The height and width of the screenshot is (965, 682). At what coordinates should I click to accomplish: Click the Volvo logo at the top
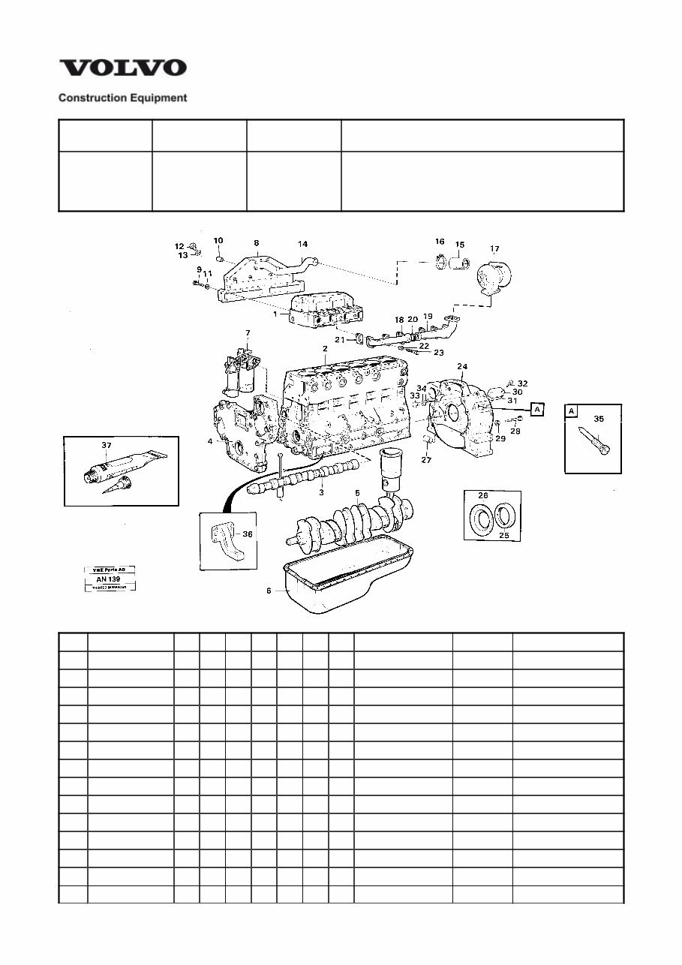(123, 68)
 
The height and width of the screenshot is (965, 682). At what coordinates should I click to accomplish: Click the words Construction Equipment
(123, 98)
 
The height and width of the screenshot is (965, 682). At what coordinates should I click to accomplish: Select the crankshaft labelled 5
(353, 518)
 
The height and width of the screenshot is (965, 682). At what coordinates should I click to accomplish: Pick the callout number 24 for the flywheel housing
(463, 367)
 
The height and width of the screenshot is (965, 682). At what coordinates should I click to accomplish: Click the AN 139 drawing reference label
(109, 579)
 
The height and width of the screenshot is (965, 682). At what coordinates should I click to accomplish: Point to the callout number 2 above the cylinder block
(326, 349)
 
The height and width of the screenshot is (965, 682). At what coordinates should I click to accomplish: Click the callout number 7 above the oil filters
(248, 332)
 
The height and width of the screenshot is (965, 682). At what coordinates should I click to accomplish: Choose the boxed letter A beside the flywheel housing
(537, 409)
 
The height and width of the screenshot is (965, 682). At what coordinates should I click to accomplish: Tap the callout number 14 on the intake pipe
(302, 244)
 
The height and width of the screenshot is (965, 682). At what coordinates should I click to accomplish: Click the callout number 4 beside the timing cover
(210, 441)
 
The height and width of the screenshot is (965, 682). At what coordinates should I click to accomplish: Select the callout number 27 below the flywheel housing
(426, 460)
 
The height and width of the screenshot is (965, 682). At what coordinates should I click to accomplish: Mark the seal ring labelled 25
(503, 518)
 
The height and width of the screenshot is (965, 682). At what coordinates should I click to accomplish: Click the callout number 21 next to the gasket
(339, 340)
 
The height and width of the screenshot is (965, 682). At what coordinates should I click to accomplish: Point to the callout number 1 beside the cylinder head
(275, 314)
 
